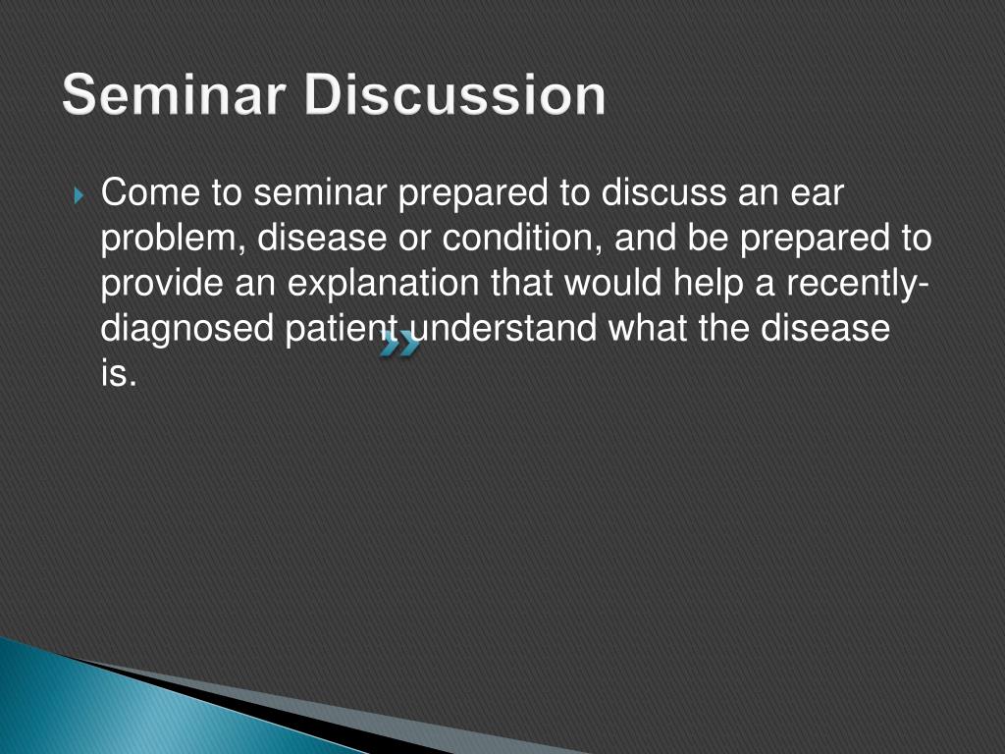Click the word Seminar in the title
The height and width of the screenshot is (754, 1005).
[173, 94]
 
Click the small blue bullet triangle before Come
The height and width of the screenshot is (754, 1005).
[79, 194]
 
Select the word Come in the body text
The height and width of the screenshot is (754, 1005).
[150, 192]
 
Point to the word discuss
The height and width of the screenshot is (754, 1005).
[663, 192]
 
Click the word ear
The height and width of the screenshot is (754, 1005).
[817, 193]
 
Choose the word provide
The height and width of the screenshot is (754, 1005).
[162, 284]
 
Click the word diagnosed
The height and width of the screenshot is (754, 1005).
[187, 329]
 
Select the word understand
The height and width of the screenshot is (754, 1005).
[503, 328]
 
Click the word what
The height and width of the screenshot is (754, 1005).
[648, 328]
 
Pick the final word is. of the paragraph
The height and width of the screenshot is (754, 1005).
[119, 372]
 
